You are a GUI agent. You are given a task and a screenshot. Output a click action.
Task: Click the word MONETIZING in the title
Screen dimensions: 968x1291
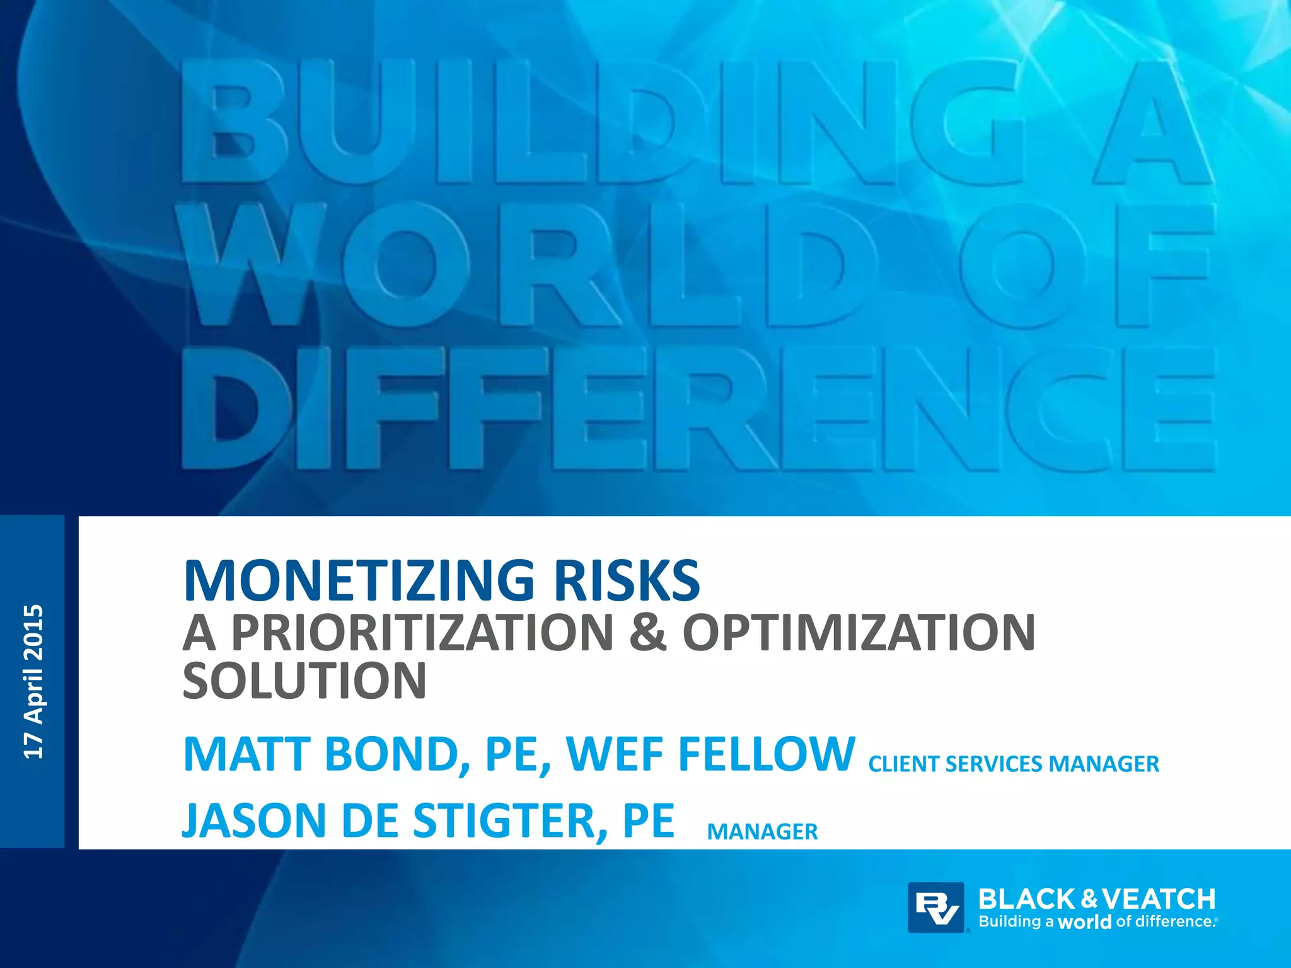[359, 580]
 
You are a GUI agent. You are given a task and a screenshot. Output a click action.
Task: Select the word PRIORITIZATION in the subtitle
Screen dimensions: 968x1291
[422, 632]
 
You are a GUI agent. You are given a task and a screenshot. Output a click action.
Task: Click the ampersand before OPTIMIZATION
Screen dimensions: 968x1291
[647, 632]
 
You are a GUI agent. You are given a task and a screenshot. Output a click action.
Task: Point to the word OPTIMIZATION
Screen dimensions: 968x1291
[859, 632]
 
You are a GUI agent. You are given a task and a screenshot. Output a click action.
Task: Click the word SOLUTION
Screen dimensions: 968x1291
[304, 681]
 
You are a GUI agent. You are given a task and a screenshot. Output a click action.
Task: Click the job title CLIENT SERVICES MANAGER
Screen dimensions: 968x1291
[1014, 764]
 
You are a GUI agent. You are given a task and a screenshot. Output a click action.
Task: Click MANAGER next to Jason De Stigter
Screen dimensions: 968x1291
[762, 832]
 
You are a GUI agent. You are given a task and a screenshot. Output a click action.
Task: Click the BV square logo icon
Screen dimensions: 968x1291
[936, 907]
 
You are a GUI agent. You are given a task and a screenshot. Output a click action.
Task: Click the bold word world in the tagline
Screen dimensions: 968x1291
[1084, 922]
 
